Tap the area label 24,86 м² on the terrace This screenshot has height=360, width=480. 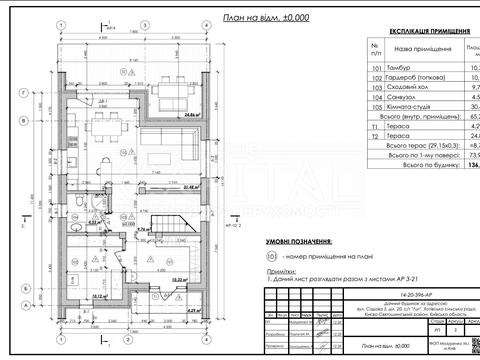pos(181,114)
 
